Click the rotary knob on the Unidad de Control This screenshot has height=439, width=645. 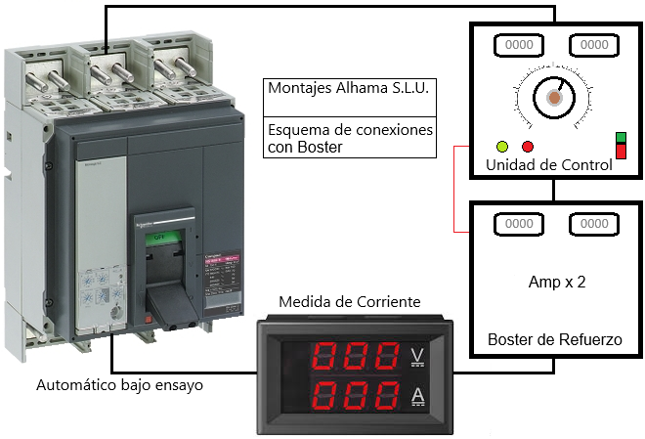(554, 98)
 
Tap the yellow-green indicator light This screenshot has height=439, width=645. (503, 147)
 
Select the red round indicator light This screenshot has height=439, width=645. (528, 147)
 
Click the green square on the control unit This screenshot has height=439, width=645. (621, 138)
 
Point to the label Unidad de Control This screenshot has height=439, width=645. (549, 165)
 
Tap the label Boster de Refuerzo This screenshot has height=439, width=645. (554, 339)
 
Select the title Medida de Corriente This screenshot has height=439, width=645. (349, 301)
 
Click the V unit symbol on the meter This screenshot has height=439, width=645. (418, 354)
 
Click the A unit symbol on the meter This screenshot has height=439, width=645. (418, 395)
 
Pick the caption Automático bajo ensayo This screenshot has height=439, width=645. (119, 385)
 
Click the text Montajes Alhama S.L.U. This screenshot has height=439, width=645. (349, 87)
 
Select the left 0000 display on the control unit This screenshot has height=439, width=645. (518, 45)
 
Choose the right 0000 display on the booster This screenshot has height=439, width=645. (594, 225)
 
